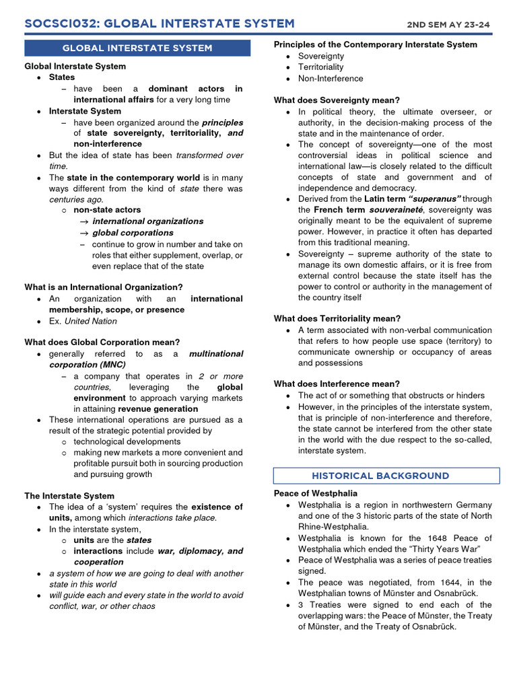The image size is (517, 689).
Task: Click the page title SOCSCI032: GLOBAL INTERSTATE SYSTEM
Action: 160,24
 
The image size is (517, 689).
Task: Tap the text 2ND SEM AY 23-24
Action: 448,25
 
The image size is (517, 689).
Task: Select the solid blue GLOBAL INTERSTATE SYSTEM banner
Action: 137,48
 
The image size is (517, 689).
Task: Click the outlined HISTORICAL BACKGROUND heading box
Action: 386,476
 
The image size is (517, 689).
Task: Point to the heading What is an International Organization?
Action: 104,287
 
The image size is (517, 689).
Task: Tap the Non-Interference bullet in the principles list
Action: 331,79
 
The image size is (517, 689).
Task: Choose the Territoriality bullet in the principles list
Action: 321,67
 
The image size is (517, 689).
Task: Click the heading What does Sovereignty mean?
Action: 337,100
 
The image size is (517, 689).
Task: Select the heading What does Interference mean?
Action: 337,384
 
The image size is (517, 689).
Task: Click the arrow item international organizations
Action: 147,221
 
